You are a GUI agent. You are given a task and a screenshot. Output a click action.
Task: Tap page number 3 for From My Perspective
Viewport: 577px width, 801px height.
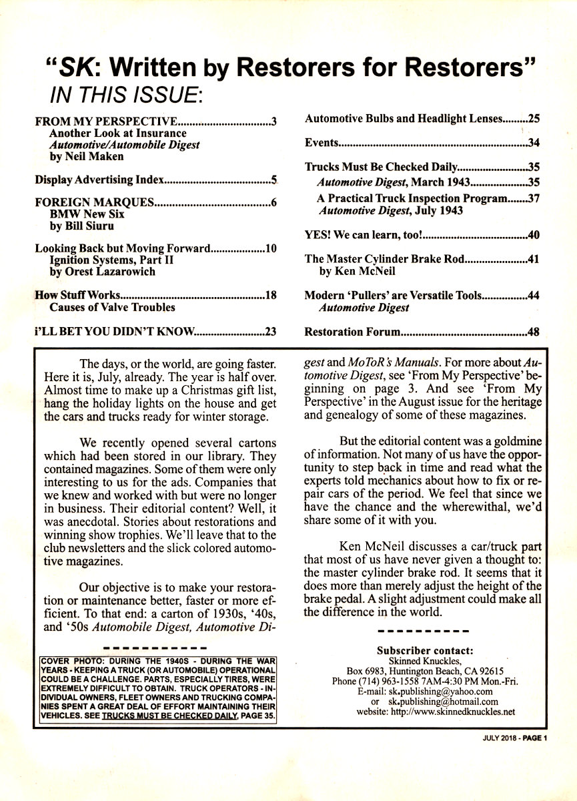point(273,122)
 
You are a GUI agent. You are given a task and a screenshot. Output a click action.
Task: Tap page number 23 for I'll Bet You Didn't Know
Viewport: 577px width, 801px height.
point(271,330)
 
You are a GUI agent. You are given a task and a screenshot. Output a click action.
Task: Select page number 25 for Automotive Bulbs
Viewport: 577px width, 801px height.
point(533,119)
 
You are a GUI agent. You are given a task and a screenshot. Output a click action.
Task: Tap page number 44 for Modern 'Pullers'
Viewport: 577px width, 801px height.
point(533,296)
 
